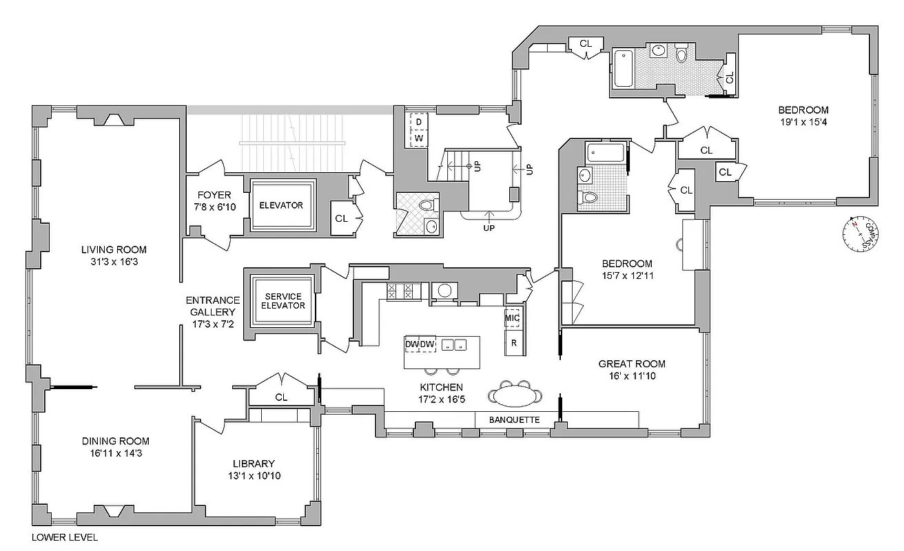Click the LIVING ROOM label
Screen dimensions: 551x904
[114, 249]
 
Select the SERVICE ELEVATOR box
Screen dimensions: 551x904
[283, 301]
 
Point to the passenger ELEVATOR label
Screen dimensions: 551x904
[280, 205]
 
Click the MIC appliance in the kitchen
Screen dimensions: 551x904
[512, 318]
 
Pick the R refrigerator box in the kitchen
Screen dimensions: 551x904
[513, 343]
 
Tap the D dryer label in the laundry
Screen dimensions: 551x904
[418, 123]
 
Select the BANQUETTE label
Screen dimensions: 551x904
[514, 419]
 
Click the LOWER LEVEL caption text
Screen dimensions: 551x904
[65, 537]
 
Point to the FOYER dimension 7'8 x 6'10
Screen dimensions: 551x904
[214, 207]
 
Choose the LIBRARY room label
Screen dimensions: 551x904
[254, 464]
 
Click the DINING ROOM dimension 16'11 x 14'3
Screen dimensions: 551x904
[116, 453]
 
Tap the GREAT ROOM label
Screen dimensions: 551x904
[632, 364]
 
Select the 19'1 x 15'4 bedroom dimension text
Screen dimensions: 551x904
[803, 122]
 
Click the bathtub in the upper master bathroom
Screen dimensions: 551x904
[624, 67]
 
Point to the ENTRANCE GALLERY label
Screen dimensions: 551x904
[212, 306]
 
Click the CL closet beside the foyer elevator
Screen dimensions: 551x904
[341, 218]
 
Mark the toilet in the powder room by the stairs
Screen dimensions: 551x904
[427, 205]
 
